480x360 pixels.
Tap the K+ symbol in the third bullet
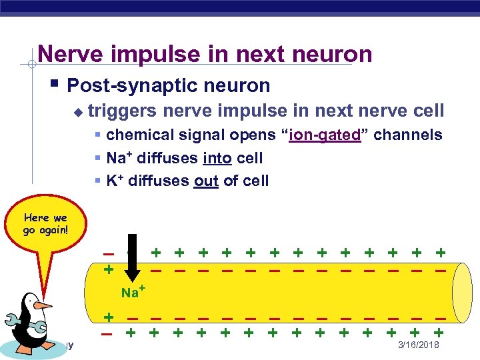(x=115, y=180)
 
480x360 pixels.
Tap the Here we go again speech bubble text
(x=45, y=223)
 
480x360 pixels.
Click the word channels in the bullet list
(x=407, y=135)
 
